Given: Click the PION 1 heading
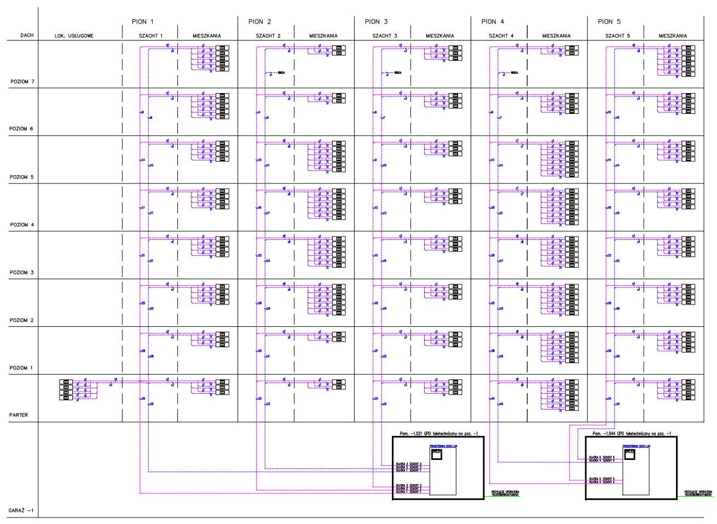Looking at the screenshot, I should point(143,22).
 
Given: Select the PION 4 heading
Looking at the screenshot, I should point(493,22).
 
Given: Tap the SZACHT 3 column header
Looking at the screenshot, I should point(384,36).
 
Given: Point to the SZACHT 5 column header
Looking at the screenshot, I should point(617,36).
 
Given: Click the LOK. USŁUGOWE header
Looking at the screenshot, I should point(74,36).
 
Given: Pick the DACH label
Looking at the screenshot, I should point(27,36).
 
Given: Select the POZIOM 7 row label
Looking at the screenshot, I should point(22,82).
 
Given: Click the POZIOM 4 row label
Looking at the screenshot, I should point(22,225).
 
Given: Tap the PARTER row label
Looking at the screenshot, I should point(19,415).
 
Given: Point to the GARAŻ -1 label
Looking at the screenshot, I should point(21,511).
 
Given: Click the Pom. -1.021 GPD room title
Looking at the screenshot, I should point(438,434).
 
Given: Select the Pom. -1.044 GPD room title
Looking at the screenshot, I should point(632,434).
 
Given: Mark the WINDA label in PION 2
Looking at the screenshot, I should point(281,72).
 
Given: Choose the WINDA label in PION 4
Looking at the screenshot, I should point(514,72).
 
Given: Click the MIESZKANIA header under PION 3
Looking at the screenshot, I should point(440,36).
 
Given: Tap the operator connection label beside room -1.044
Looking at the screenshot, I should point(698,493).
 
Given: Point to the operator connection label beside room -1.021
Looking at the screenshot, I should point(505,493).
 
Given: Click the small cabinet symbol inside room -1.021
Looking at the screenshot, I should point(436,454).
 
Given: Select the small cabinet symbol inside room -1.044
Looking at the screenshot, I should point(629,454).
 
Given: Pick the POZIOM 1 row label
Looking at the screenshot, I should point(21,368).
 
